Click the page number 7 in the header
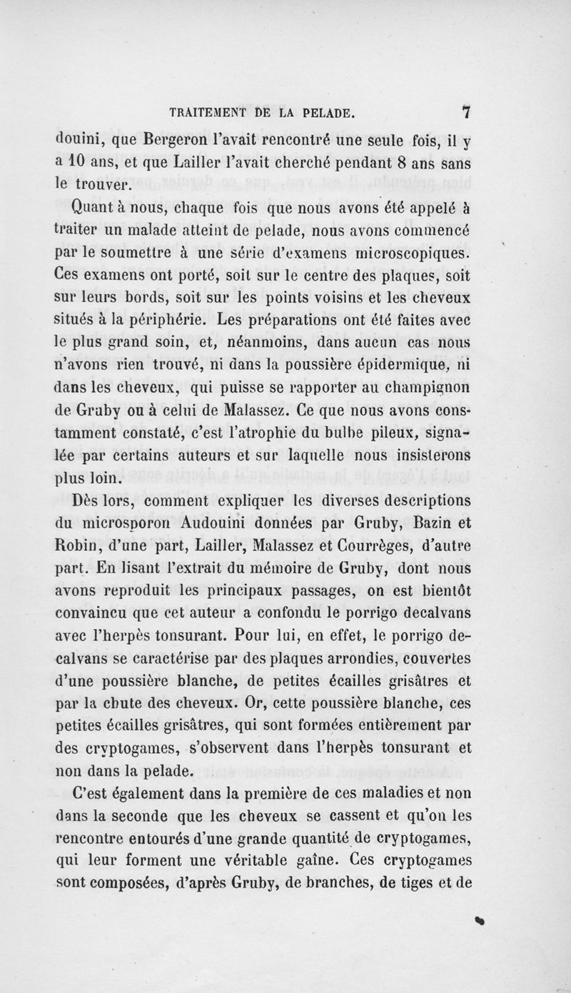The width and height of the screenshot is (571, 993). pyautogui.click(x=467, y=112)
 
